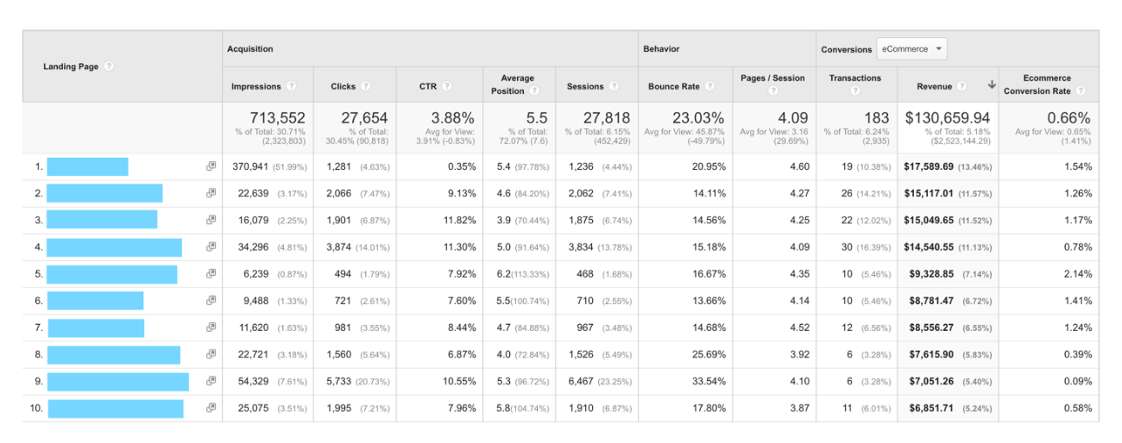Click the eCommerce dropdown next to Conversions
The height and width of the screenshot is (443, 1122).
pos(911,49)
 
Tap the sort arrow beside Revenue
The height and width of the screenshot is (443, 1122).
pos(992,85)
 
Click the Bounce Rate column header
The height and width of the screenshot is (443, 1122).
pos(675,86)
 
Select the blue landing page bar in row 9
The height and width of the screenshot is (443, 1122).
pos(117,382)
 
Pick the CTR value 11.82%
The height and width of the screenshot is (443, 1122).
pos(458,221)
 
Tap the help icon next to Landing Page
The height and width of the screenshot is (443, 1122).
pos(109,66)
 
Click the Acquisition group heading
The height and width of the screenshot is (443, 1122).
pos(249,49)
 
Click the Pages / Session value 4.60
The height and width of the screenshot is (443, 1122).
pos(799,166)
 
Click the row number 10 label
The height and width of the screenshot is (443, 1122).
pos(36,409)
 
